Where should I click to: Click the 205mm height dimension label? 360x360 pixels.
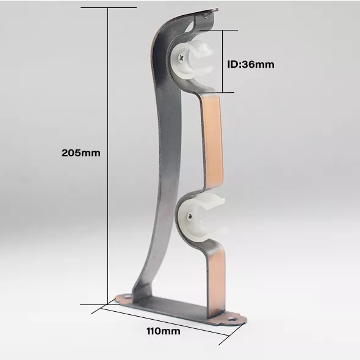tap(81, 153)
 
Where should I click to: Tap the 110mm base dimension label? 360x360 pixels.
tap(164, 331)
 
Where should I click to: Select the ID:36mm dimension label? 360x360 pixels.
tap(251, 64)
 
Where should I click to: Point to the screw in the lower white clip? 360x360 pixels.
tap(190, 216)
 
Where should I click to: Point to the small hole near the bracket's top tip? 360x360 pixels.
tap(206, 15)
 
